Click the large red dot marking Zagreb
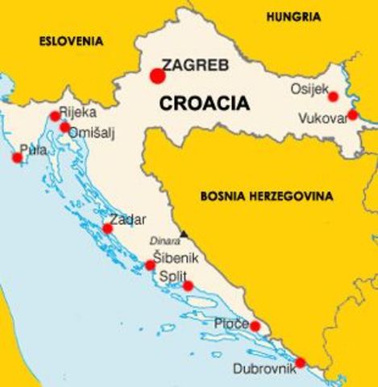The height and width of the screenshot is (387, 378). coord(158,76)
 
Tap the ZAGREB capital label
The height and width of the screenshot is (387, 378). coord(195,64)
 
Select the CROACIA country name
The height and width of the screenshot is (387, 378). coord(205,103)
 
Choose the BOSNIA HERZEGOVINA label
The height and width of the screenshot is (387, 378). coord(266,195)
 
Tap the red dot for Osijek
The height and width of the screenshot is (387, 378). coord(334,97)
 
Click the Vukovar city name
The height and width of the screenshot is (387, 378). coord(321,117)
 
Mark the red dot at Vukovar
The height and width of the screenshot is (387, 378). coord(352,114)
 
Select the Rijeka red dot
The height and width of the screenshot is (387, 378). coord(55,116)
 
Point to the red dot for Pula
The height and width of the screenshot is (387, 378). coord(17,157)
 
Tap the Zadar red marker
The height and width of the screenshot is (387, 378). coord(108,228)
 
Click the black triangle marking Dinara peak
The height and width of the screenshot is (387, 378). coord(185,234)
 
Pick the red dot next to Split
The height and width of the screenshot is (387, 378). coord(188,285)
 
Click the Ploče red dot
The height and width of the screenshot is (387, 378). coord(255,326)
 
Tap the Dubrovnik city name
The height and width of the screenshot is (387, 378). coord(264,369)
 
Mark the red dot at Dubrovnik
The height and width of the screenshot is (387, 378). coord(300,363)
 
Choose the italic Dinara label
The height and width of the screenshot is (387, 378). coord(165,240)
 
